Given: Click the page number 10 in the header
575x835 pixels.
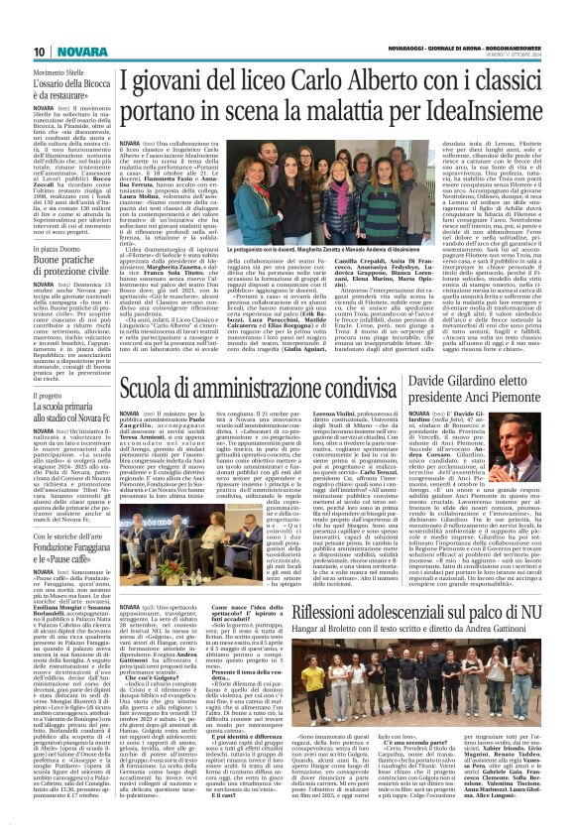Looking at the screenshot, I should [40, 52].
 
